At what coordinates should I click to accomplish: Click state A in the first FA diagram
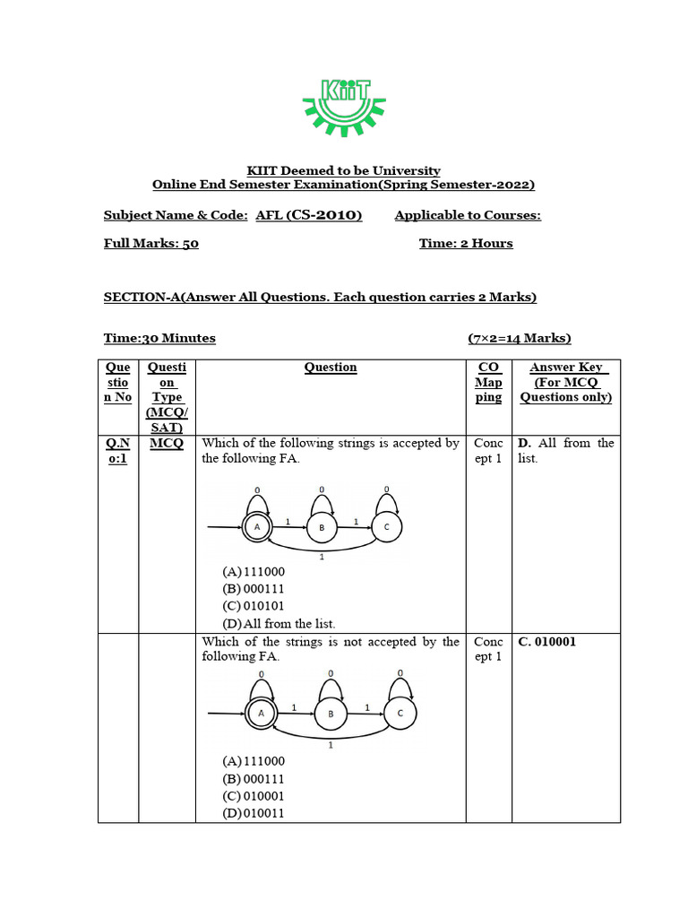(x=257, y=528)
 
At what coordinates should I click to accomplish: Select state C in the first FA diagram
(x=386, y=527)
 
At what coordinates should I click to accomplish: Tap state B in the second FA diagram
(x=330, y=714)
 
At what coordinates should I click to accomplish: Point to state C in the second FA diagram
(x=400, y=713)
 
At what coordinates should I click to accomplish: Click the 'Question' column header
(x=331, y=368)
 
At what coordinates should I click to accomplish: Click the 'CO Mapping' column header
(x=488, y=382)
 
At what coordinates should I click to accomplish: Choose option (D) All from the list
(x=279, y=623)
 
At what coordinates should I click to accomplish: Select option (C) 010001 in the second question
(x=254, y=795)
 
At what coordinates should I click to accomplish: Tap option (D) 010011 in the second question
(x=254, y=813)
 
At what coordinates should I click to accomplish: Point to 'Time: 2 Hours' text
(x=466, y=243)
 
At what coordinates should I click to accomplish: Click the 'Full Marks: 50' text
(x=151, y=243)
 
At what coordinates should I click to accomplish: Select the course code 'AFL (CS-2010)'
(x=308, y=215)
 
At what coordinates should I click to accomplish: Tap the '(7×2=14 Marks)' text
(x=519, y=338)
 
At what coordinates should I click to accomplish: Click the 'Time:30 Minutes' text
(x=159, y=338)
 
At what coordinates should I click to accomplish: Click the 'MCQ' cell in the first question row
(x=167, y=443)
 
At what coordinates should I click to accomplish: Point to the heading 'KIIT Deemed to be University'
(x=343, y=170)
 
